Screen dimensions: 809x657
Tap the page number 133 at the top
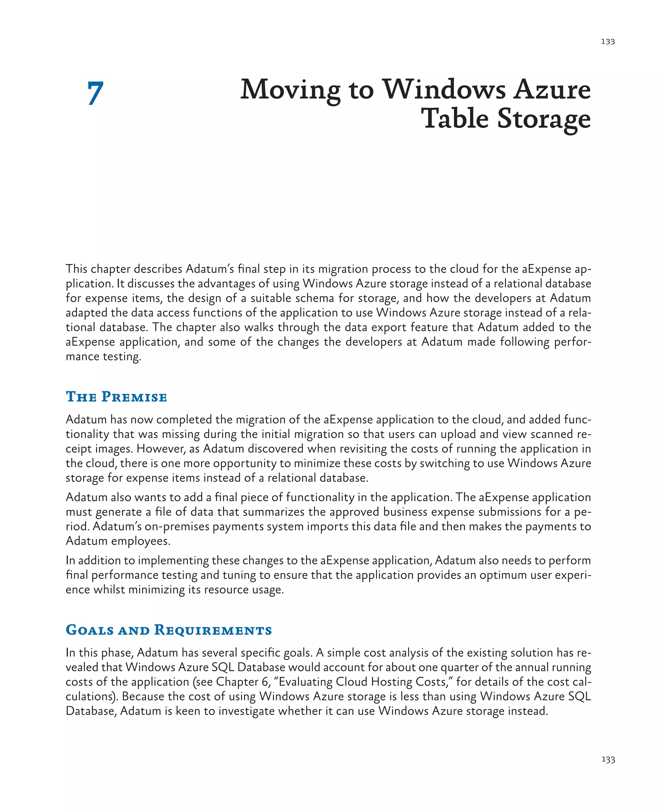tap(608, 42)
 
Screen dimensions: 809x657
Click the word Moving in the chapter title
tap(291, 91)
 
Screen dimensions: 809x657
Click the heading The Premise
tap(116, 397)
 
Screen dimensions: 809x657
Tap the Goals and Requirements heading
tap(169, 630)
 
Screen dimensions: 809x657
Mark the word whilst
tap(109, 590)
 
